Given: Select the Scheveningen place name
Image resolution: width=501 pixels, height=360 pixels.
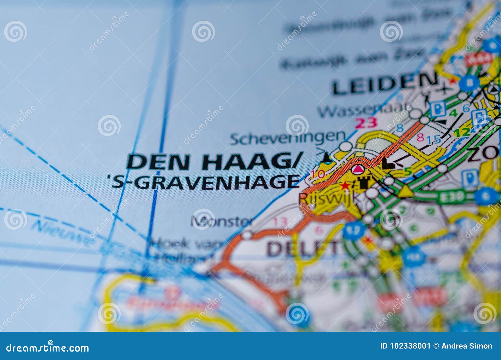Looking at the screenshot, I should [x=287, y=138].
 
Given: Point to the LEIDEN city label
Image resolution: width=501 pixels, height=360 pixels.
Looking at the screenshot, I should [x=385, y=83].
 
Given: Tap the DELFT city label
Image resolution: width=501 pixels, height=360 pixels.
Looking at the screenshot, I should [x=302, y=248].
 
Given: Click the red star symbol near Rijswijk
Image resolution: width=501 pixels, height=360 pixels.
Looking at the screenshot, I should [x=345, y=185].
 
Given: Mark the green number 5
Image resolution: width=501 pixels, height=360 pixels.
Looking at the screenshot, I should [x=407, y=172].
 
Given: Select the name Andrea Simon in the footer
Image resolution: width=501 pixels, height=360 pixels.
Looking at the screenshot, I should [x=467, y=346].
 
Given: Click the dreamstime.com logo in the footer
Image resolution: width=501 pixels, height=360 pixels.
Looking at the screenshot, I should [x=48, y=347].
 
